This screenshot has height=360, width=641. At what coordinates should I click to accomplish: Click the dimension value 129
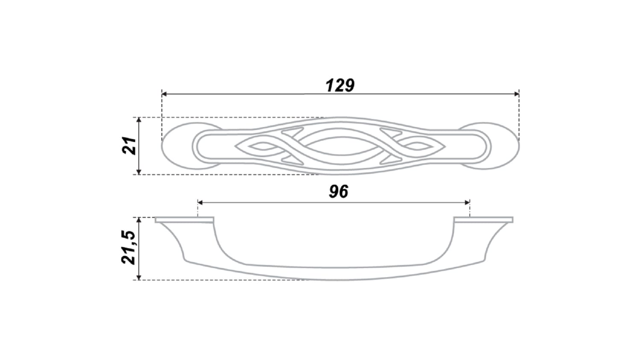point(340,85)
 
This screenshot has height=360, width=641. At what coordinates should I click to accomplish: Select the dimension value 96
point(338,192)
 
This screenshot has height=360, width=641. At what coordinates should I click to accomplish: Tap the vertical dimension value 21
point(129,146)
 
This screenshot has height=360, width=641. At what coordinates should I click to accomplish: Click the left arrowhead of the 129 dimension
point(164,94)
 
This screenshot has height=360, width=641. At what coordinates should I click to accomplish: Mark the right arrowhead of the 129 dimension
point(517,94)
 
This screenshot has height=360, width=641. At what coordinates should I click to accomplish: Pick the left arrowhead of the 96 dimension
point(200,203)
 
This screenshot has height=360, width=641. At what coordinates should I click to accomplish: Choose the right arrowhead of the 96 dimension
point(468,203)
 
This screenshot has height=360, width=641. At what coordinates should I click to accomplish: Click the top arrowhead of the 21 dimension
point(139,120)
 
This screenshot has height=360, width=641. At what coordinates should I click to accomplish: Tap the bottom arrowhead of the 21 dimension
point(139,172)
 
